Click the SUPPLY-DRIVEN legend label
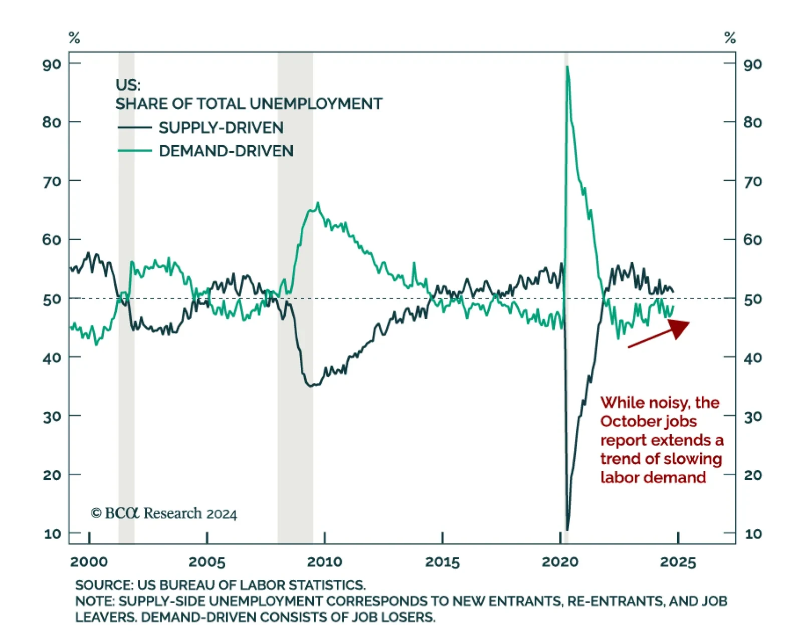(221, 128)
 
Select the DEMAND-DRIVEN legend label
(226, 151)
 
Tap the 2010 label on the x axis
(324, 561)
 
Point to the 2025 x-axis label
(678, 561)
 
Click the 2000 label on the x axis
(89, 561)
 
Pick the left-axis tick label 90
(52, 64)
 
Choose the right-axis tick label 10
(753, 533)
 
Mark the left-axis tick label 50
(52, 299)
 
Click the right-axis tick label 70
(753, 181)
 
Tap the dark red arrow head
(679, 328)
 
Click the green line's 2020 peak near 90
(567, 67)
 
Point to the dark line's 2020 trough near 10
(567, 529)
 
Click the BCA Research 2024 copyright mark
(163, 513)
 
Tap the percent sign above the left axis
(74, 38)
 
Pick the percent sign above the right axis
(730, 38)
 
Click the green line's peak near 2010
(318, 203)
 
